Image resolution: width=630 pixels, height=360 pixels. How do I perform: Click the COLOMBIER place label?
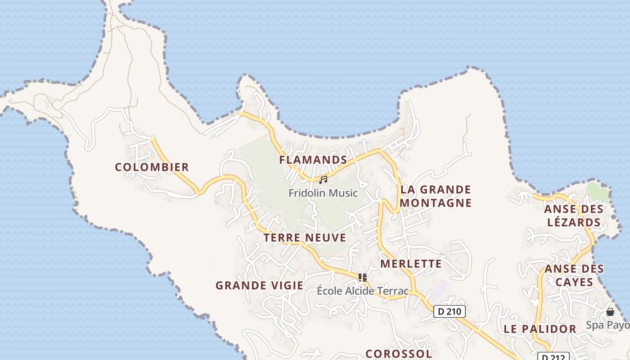click(152, 167)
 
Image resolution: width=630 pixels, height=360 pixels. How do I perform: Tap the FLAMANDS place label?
click(313, 160)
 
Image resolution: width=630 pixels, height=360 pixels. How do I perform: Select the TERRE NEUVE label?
click(305, 238)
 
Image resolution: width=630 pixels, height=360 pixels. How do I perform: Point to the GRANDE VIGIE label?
click(259, 285)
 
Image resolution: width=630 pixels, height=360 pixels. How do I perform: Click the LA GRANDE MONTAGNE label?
click(435, 196)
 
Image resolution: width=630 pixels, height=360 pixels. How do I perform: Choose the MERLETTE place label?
click(411, 264)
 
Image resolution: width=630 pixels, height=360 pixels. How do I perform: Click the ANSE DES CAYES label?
click(574, 275)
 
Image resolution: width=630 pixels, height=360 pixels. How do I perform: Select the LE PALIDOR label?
click(540, 329)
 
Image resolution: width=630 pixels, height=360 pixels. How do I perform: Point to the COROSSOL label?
click(398, 354)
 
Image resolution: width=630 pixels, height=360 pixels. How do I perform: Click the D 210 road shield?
click(449, 311)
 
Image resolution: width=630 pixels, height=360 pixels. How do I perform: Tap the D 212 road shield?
click(553, 357)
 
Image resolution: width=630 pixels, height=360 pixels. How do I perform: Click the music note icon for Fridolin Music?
click(323, 180)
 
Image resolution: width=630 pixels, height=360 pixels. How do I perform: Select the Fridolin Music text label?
click(323, 193)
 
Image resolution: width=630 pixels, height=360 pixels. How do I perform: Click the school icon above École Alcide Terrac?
click(363, 278)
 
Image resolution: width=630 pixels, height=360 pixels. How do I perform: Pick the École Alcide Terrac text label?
click(363, 291)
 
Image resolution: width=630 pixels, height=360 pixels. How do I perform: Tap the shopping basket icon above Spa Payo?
click(610, 312)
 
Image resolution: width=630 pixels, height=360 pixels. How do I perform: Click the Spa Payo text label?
click(607, 325)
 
